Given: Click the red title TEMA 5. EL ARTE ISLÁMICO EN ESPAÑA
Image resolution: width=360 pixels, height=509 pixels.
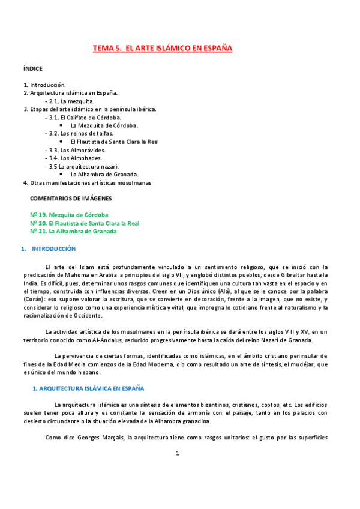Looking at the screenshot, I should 162,48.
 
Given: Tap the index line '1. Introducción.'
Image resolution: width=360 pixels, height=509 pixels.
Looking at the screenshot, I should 44,85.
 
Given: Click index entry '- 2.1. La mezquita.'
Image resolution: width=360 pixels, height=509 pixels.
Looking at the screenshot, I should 70,101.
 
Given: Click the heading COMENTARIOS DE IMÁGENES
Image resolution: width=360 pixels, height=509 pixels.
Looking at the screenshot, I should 71,198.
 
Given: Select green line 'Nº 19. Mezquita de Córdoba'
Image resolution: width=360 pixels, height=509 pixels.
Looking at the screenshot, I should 69,215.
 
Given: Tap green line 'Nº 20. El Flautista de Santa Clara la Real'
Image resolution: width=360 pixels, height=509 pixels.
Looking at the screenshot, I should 85,223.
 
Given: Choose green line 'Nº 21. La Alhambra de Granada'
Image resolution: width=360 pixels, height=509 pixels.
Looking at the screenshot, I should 73,231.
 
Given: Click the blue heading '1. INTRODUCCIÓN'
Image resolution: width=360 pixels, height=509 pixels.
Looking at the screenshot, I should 53,248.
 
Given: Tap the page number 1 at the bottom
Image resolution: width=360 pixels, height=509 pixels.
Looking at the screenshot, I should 178,469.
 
